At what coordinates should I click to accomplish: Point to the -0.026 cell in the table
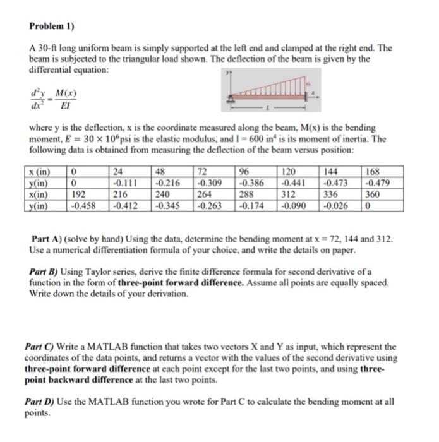(337, 206)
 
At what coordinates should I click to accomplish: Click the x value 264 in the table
(207, 194)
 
